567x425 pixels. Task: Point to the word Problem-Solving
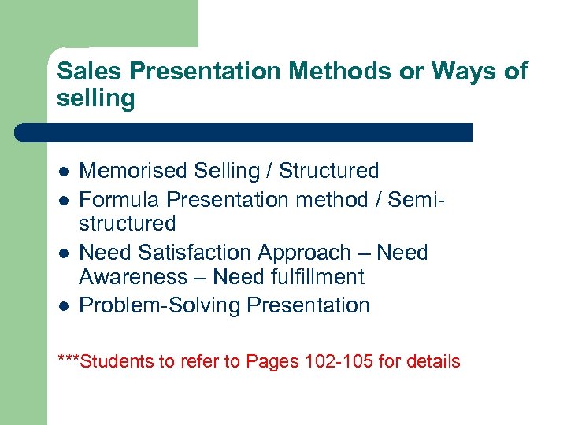(161, 305)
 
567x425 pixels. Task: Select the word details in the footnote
(432, 362)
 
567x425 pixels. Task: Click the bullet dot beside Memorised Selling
(63, 172)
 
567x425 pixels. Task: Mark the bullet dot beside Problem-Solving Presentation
(63, 305)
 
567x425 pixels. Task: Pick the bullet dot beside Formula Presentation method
(63, 199)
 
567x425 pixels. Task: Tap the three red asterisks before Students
(69, 360)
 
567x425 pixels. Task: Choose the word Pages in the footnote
(269, 362)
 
